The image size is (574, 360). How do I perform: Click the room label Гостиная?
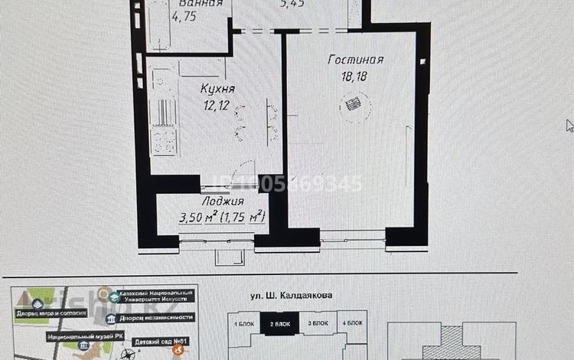(354, 60)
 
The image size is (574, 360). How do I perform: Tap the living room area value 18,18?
(355, 74)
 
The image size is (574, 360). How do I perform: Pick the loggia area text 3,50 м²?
(197, 218)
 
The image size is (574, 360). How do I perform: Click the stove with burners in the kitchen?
(162, 140)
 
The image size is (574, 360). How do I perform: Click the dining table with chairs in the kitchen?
(253, 119)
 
